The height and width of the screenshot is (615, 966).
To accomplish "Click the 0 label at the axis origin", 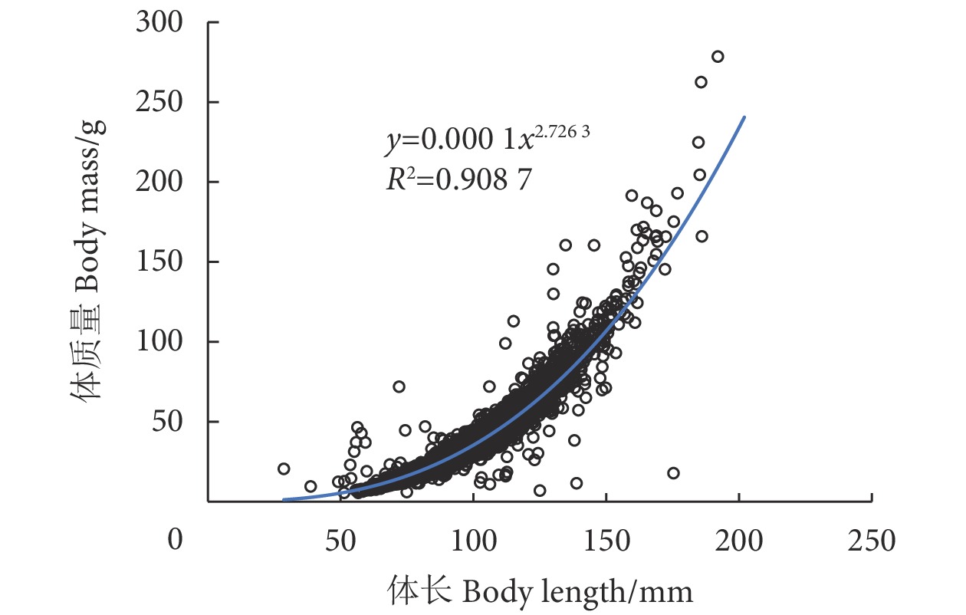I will click(x=176, y=541).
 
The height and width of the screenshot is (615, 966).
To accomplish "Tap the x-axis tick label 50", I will click(x=340, y=541).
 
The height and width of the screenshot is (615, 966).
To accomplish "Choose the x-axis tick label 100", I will click(x=473, y=541).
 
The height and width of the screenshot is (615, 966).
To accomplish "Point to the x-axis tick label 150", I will click(x=606, y=541).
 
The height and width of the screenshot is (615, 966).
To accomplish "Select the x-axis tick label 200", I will click(x=739, y=541).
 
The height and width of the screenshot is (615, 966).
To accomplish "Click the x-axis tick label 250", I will click(x=872, y=541).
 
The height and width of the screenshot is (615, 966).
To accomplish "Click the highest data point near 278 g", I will click(x=718, y=56).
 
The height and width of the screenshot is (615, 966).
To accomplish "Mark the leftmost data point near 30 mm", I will click(x=284, y=469).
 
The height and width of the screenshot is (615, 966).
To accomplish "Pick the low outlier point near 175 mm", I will click(x=673, y=473).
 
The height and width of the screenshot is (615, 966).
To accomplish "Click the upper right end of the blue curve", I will click(x=744, y=117).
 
